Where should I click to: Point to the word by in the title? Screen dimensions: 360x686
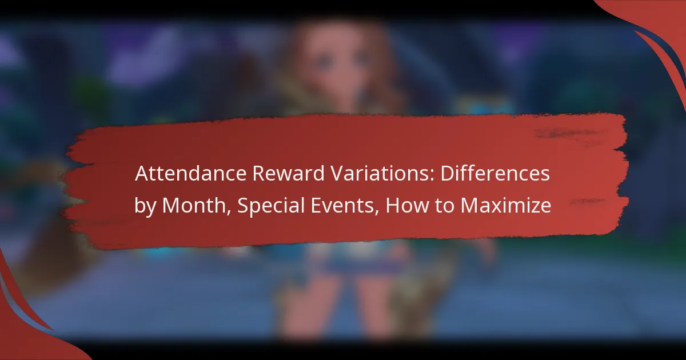click(x=146, y=206)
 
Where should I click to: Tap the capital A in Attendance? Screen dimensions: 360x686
click(x=141, y=175)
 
